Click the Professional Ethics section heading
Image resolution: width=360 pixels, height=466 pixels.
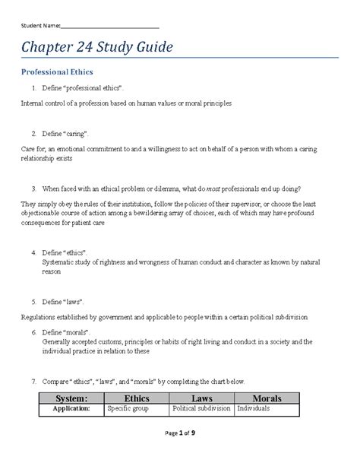coord(56,72)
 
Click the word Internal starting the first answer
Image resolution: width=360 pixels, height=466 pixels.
coord(33,102)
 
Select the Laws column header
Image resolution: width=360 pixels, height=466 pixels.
coord(201,397)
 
